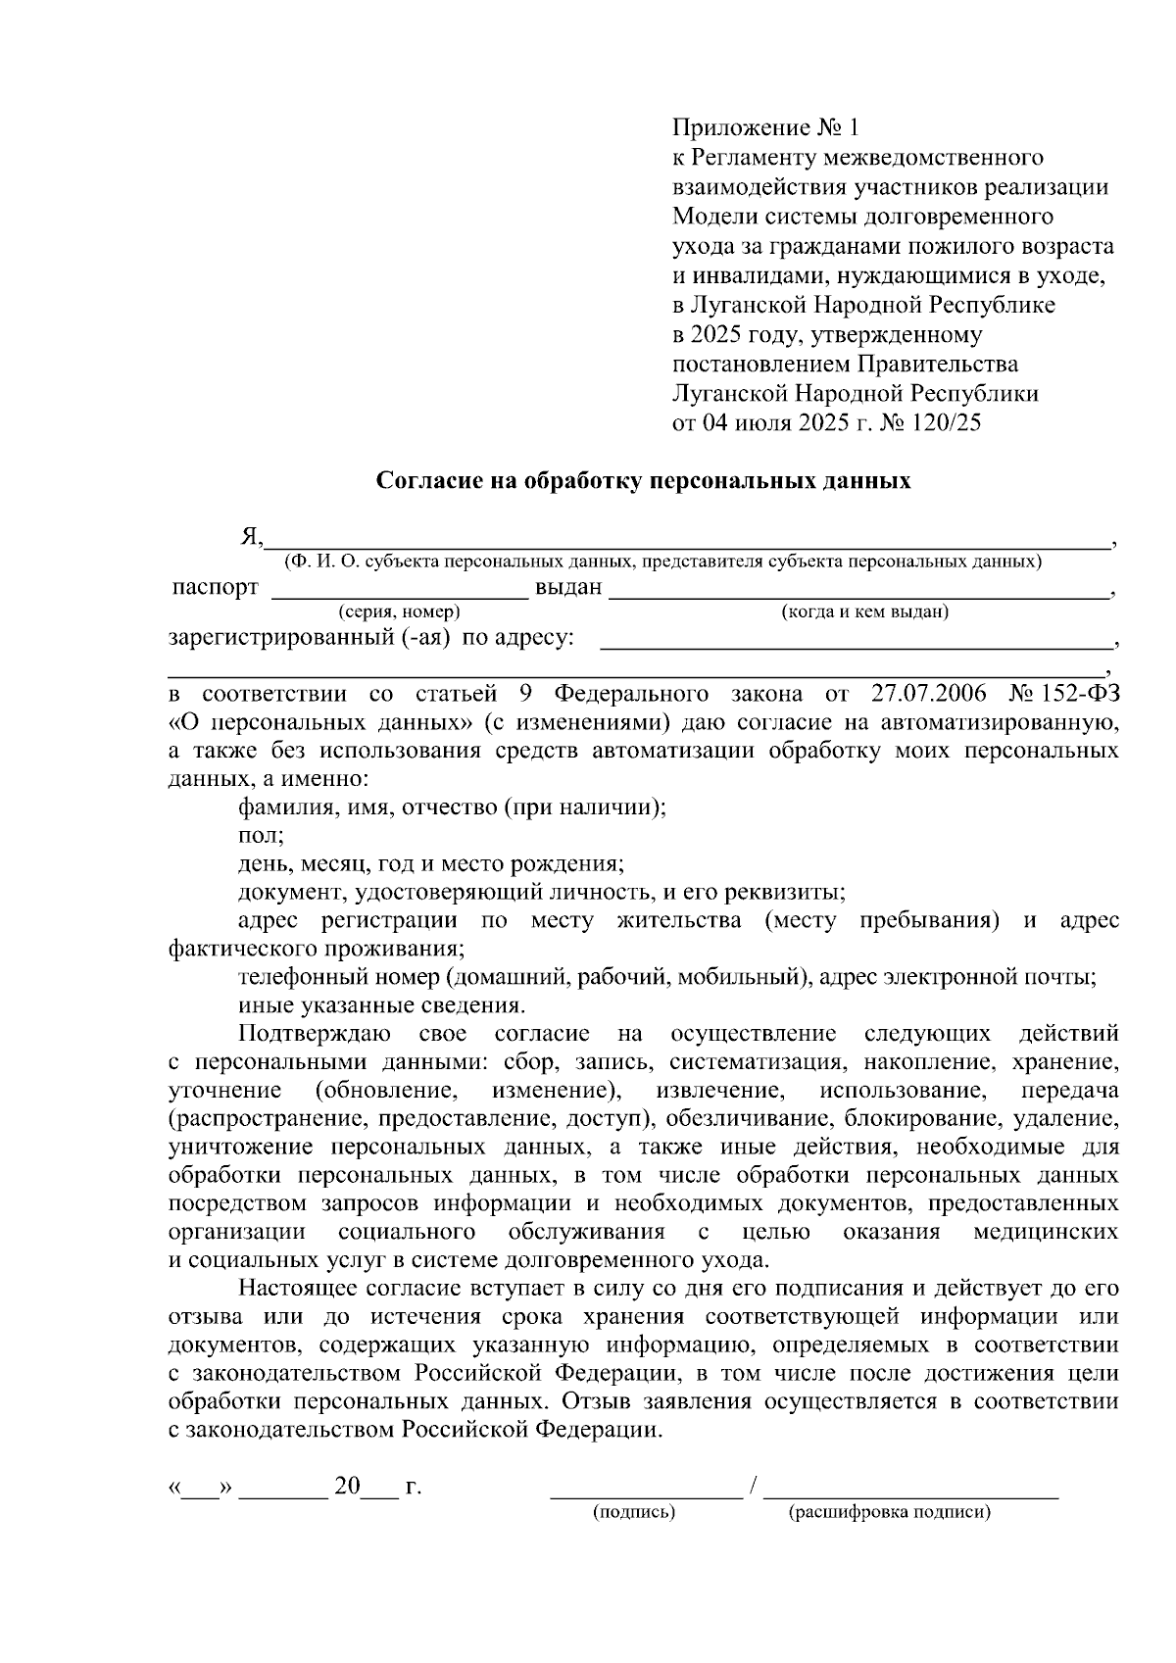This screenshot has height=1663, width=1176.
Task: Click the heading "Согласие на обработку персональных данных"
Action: pyautogui.click(x=645, y=481)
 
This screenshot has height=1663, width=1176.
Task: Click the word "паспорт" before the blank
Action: pyautogui.click(x=216, y=588)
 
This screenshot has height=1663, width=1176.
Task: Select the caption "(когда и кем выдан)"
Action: pyautogui.click(x=864, y=612)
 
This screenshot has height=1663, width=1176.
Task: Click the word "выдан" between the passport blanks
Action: pyautogui.click(x=568, y=588)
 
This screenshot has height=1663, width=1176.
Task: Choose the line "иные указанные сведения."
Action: pyautogui.click(x=382, y=1005)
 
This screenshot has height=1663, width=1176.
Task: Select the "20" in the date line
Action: pyautogui.click(x=347, y=1487)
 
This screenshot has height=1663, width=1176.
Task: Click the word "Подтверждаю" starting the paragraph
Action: pyautogui.click(x=315, y=1034)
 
